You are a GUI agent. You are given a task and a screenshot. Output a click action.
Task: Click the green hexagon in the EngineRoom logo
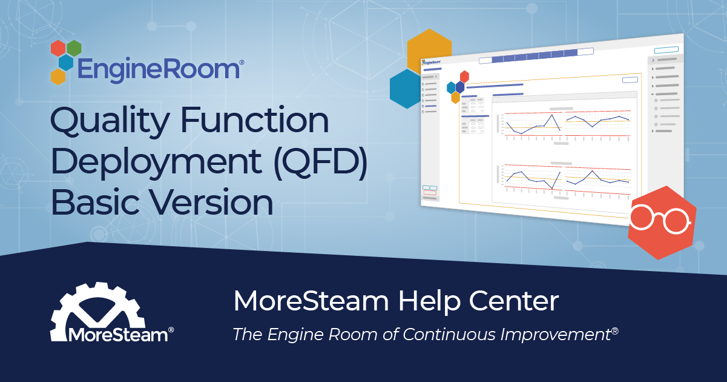(74, 47)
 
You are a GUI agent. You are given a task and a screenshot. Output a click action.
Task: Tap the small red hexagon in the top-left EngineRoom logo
(58, 48)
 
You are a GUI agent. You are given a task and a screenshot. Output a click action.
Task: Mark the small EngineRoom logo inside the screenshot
(432, 61)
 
